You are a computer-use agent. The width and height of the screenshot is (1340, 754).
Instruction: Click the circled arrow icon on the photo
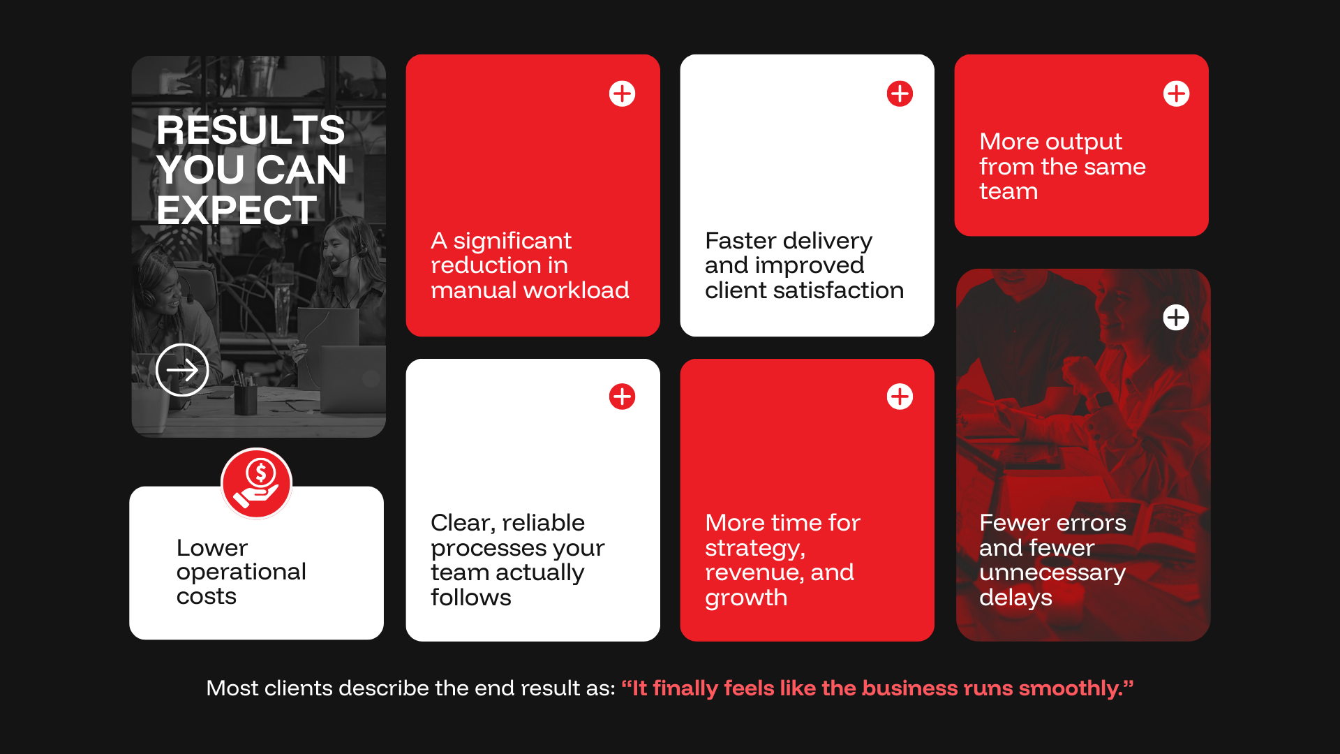182,370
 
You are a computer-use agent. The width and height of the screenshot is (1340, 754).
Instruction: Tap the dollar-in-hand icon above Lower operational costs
257,483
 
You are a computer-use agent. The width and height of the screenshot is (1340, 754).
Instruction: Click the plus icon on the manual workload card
622,94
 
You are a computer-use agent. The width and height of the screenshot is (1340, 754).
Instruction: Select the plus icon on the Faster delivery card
900,94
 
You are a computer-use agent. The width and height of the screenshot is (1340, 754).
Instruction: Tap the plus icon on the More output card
1176,94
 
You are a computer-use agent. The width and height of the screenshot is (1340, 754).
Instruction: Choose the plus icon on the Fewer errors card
1176,318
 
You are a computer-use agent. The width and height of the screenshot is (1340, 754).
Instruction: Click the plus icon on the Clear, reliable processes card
622,397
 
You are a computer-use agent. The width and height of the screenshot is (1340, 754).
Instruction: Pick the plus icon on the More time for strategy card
900,397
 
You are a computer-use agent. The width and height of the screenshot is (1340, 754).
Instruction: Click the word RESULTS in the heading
251,130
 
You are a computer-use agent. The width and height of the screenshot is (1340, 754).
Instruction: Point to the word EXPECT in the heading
237,210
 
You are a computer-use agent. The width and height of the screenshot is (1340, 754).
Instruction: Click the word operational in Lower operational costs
241,572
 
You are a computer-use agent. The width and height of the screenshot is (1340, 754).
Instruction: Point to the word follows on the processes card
471,598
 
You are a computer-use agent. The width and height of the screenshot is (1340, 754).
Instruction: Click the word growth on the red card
746,598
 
